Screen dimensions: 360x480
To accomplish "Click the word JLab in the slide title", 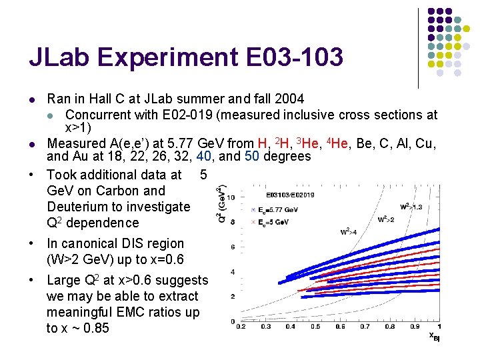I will pos(62,57).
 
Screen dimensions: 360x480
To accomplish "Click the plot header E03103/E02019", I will pos(290,195).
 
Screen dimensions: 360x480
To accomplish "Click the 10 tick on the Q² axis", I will pos(230,197).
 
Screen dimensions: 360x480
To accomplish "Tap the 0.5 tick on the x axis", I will pos(315,327).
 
